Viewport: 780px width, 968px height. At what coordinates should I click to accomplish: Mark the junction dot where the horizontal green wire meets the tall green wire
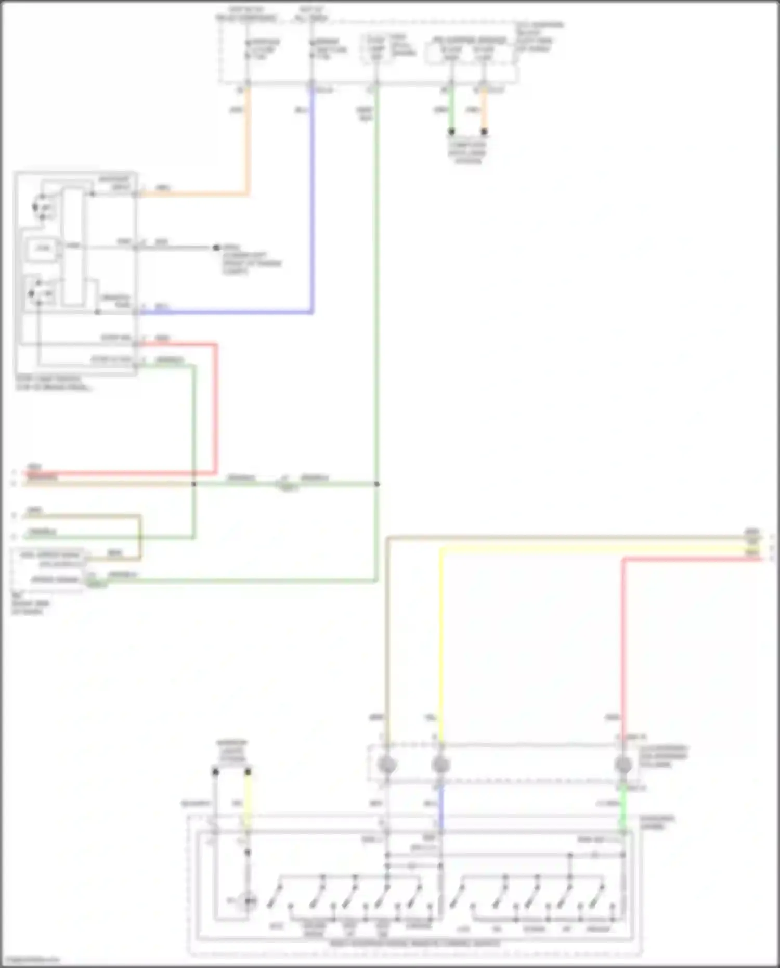coord(377,484)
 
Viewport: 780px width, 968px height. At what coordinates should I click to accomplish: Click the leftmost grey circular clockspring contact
coord(387,765)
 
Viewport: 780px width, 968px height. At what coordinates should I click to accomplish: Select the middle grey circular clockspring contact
coord(441,765)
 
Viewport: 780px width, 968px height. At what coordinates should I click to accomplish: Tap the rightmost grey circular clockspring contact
coord(623,765)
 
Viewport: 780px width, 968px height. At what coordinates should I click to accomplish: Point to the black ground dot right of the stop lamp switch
coord(216,248)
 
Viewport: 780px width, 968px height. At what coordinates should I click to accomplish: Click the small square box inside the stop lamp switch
coord(43,248)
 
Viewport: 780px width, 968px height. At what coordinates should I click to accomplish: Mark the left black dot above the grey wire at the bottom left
coord(215,771)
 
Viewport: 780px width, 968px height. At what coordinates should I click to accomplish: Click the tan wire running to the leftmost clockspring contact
coord(387,624)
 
